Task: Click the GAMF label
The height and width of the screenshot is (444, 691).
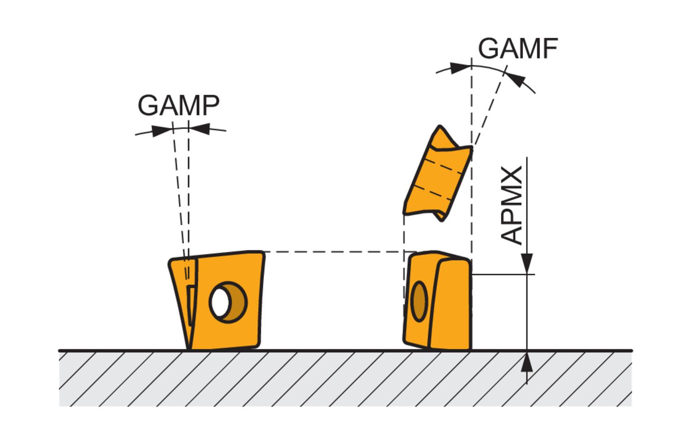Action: [518, 48]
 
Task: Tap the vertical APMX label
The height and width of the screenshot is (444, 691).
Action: [512, 205]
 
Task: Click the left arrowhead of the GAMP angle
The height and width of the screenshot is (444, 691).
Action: [159, 130]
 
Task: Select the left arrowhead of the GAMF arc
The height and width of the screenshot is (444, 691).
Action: [459, 69]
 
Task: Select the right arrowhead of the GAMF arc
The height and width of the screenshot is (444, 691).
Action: [518, 81]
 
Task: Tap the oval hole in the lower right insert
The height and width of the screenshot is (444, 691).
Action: [419, 301]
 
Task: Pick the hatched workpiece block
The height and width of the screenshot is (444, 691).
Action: [345, 379]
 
